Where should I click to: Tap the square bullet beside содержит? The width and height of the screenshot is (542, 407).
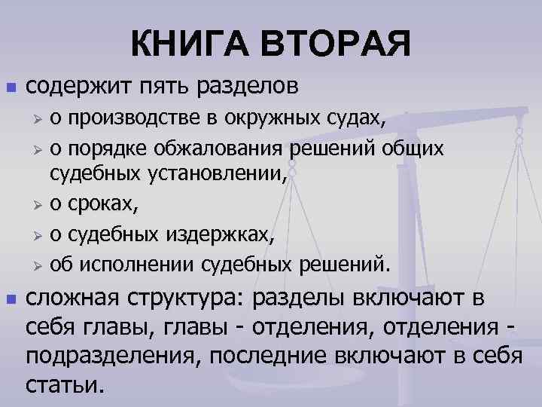(10, 88)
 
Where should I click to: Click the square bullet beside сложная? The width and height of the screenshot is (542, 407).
(10, 301)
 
